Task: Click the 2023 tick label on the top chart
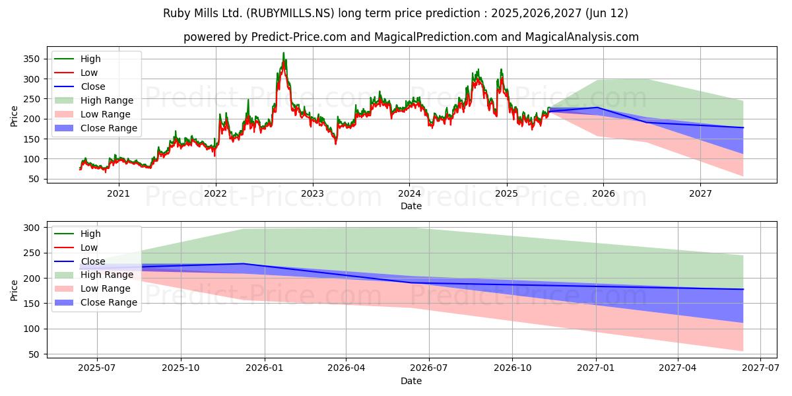coord(313,194)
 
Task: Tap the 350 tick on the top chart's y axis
coord(31,59)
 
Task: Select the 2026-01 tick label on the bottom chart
coord(265,368)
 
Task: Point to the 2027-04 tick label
coord(677,368)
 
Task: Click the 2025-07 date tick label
coord(96,368)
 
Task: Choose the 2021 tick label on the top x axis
coord(118,194)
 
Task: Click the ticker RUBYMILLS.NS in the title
coord(290,13)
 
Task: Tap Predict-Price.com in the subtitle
coord(299,37)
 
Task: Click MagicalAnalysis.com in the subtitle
coord(582,37)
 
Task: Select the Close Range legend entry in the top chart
coord(96,128)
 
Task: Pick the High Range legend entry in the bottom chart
coord(94,275)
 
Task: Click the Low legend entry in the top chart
coord(76,73)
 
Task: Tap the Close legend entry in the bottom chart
coord(80,261)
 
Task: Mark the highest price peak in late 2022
coord(283,53)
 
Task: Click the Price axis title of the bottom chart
coord(14,290)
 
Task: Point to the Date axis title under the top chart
coord(411,206)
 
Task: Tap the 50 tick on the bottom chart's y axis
coord(34,354)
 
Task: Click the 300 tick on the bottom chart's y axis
coord(31,228)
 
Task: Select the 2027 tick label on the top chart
coord(700,194)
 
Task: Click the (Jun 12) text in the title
coord(607,13)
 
